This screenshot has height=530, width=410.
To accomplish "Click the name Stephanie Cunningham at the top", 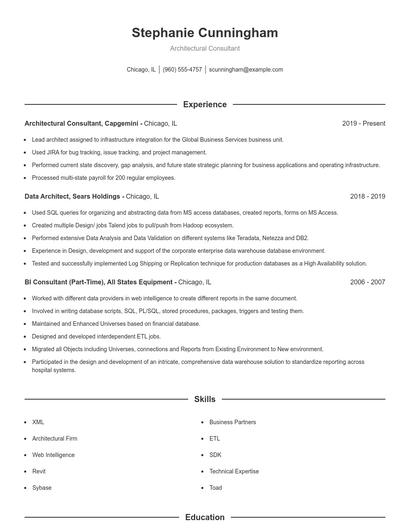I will [x=205, y=33].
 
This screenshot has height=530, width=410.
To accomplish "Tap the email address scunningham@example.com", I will [x=246, y=70].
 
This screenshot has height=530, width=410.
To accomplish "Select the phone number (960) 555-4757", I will [x=182, y=70].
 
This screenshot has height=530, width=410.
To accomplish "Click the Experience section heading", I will [x=205, y=104].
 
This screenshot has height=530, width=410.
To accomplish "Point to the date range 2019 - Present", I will [x=363, y=123].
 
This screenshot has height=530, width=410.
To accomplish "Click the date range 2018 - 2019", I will [x=367, y=197].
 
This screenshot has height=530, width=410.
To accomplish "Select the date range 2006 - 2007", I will [x=367, y=283].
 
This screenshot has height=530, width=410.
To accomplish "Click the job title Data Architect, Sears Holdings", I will [x=73, y=197].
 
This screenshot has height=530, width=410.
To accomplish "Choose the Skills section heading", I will [x=205, y=398].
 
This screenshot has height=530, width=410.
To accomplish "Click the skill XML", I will [x=38, y=423].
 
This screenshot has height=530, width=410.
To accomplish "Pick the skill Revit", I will [x=39, y=471].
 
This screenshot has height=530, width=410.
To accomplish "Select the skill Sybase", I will [x=42, y=487].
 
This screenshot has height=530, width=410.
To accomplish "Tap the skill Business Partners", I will [x=233, y=423].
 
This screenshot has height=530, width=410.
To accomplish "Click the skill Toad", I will [x=216, y=487].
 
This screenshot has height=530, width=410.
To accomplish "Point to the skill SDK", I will [x=215, y=455].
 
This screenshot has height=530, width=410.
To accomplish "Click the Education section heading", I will [x=205, y=518].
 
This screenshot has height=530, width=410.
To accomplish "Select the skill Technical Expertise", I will [x=234, y=471].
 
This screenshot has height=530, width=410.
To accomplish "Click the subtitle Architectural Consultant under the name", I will [x=205, y=48].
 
